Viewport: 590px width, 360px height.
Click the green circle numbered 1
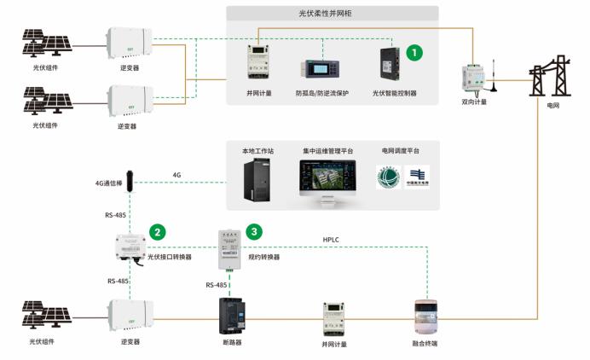coord(414,53)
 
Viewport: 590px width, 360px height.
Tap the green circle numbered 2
coord(157,231)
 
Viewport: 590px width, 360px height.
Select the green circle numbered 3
coord(253,231)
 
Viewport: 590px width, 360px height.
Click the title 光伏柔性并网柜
coord(333,14)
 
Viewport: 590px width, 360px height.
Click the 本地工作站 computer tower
coord(257,180)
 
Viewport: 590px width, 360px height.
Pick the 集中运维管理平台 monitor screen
coord(328,177)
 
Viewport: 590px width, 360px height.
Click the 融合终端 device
coord(425,316)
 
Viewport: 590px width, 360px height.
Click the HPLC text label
coord(332,240)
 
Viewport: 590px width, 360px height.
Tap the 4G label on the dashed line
coord(177,176)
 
